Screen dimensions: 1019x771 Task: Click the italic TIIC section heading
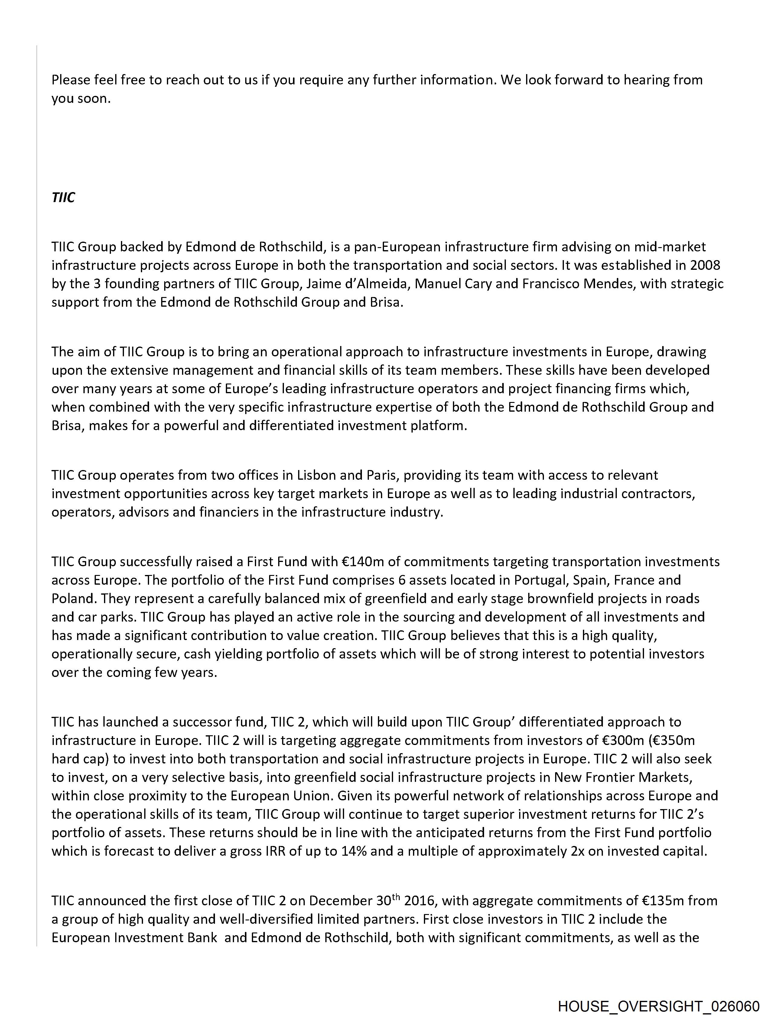pyautogui.click(x=63, y=198)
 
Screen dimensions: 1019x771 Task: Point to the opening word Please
pyautogui.click(x=71, y=80)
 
